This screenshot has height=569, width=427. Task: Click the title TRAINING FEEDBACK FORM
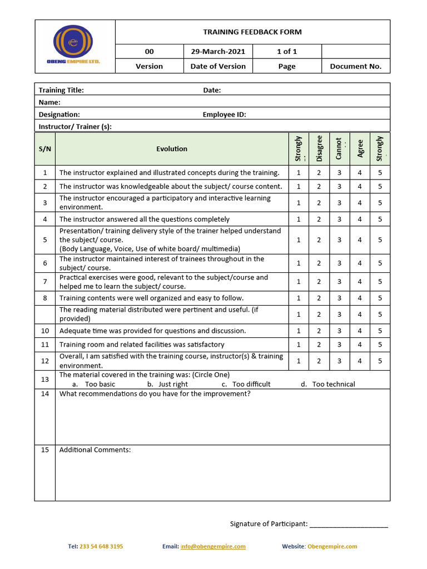pos(252,32)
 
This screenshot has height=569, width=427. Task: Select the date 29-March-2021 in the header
pos(218,52)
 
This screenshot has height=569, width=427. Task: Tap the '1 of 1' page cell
pos(287,52)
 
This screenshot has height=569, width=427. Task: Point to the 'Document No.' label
pos(356,66)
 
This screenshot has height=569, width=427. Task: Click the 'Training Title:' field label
pos(61,90)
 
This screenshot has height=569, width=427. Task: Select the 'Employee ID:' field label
pos(224,114)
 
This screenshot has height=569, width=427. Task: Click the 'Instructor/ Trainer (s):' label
pos(75,127)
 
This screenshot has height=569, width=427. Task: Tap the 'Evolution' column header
pos(172,149)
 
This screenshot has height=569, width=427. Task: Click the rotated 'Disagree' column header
pos(319,148)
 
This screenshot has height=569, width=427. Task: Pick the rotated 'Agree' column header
pos(360,148)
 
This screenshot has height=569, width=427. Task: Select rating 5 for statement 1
pos(380,173)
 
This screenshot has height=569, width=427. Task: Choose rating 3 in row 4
pos(339,219)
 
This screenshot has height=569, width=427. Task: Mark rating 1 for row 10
pos(299,331)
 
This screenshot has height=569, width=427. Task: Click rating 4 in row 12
pos(360,361)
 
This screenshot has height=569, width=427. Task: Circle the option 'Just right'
pos(173,384)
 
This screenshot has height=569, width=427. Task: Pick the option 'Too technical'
pos(333,384)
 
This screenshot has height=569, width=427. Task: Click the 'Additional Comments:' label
pos(95,450)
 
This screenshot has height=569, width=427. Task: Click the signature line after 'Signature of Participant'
pos(349,524)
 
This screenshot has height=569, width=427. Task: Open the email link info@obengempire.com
pos(213,546)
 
